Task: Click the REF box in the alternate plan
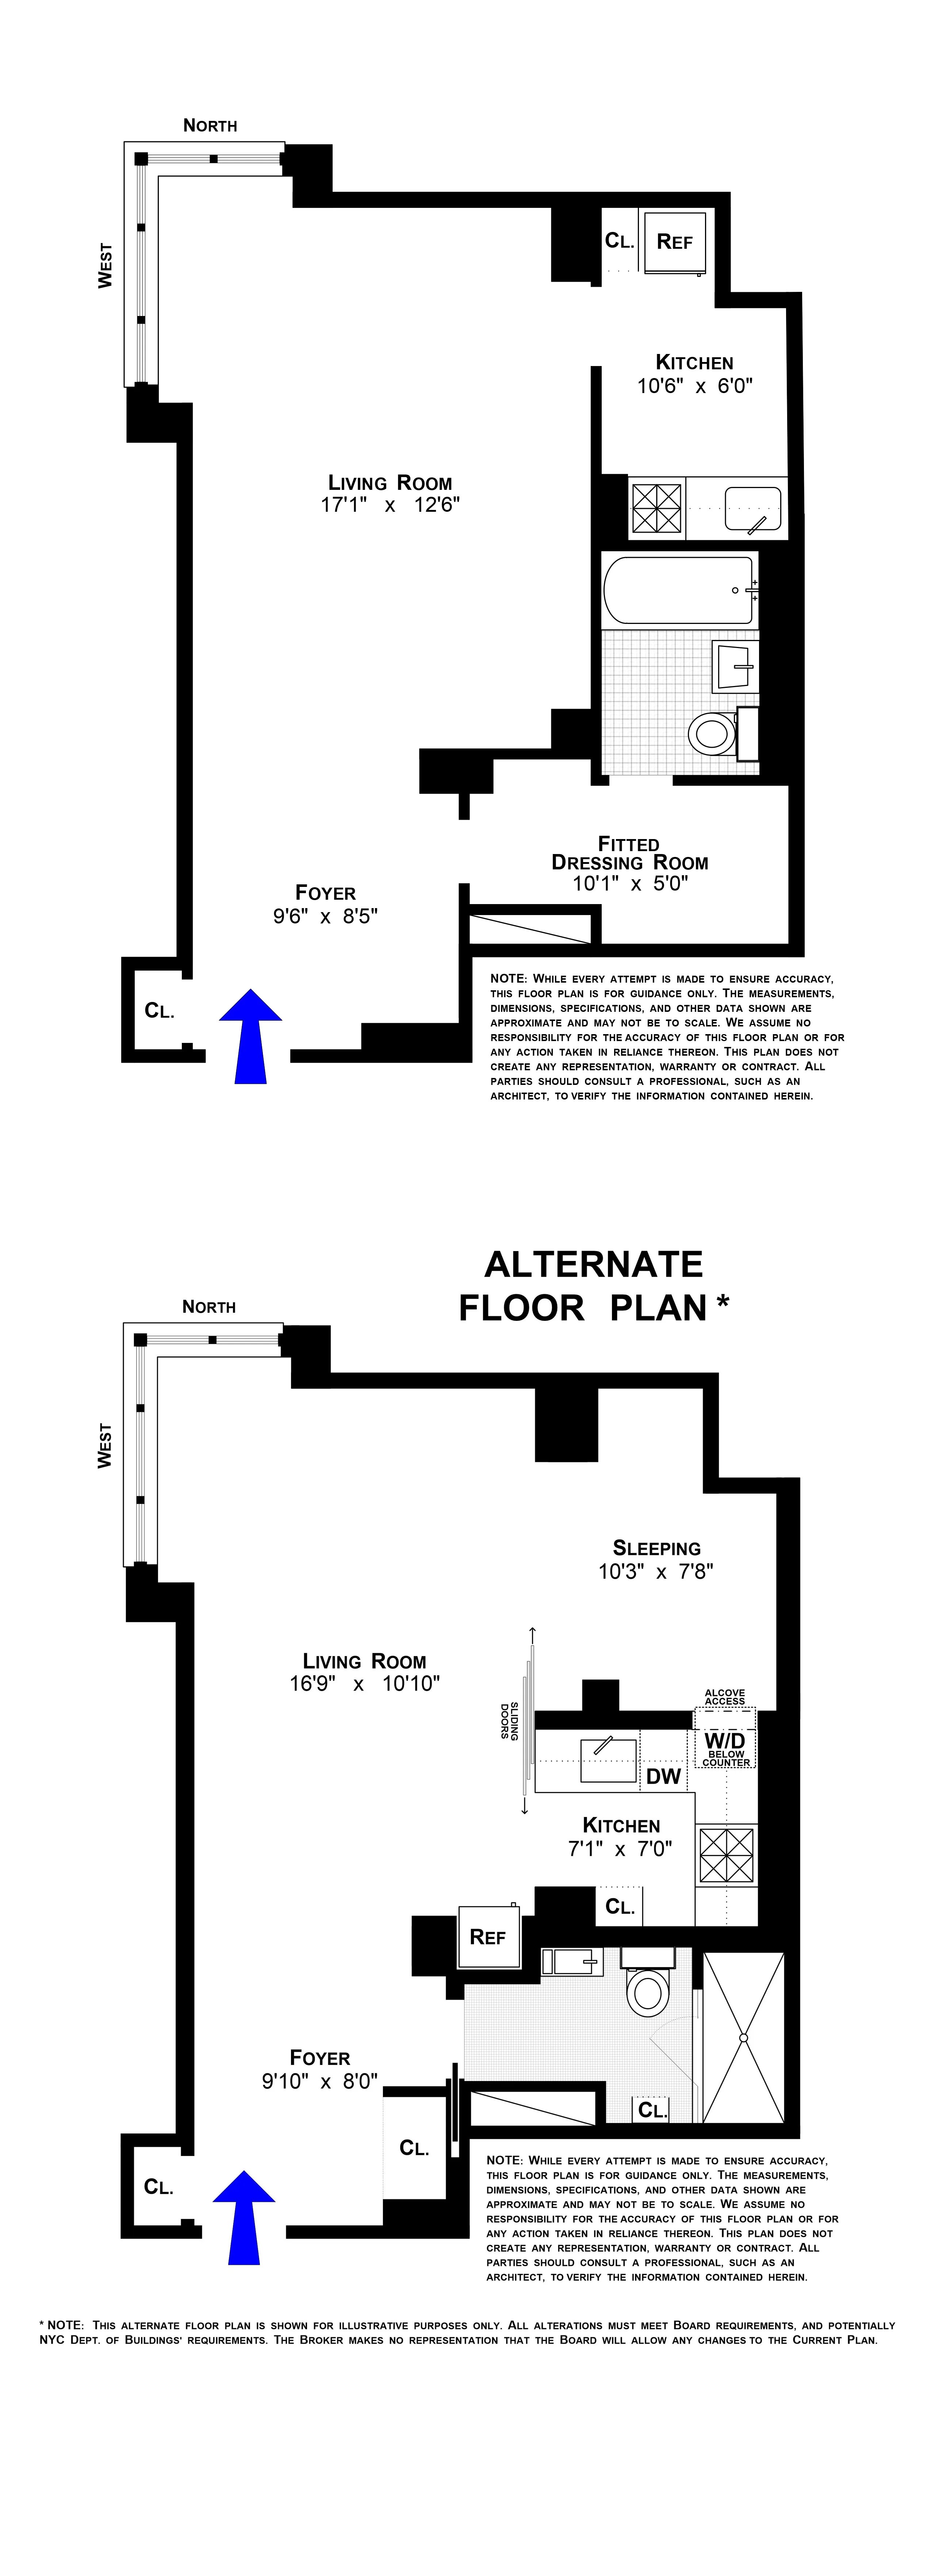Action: point(487,1937)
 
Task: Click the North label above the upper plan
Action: point(210,125)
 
